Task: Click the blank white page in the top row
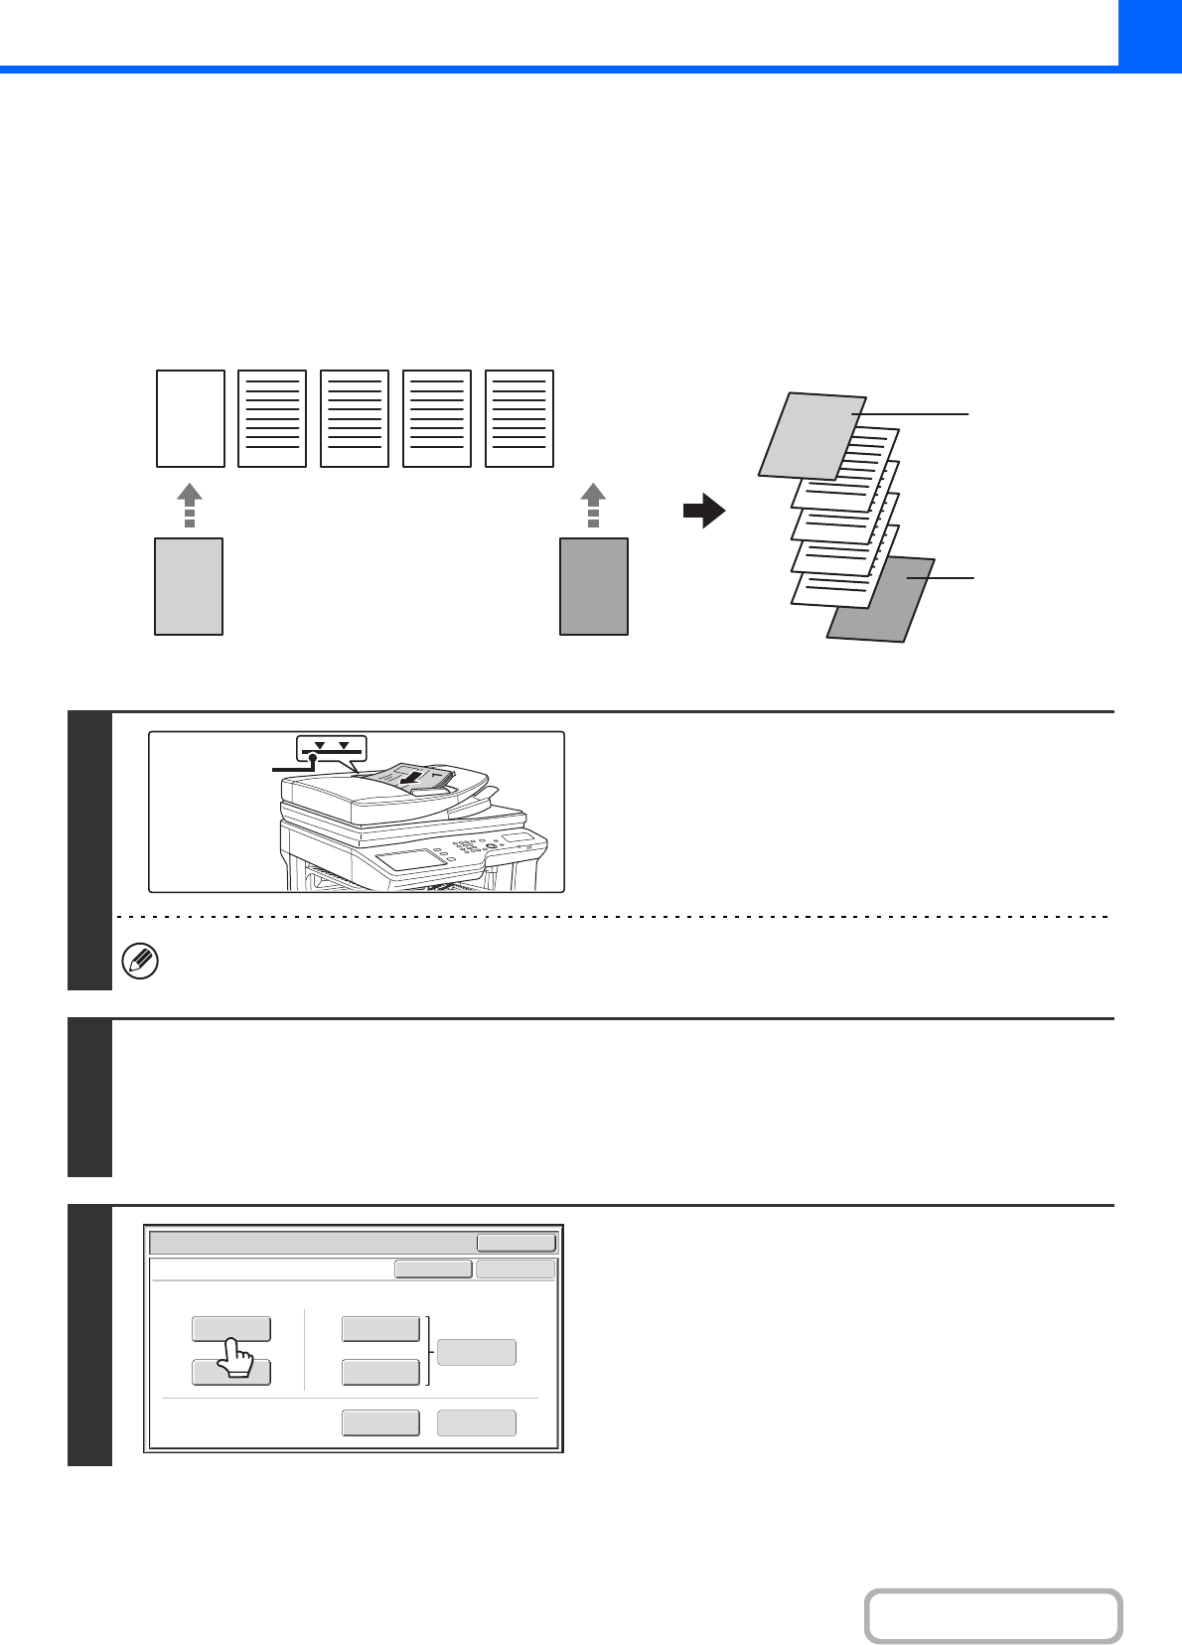(191, 418)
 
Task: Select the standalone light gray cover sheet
(189, 586)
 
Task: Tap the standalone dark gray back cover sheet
(594, 586)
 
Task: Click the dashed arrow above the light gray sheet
(189, 505)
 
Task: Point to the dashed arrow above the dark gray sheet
(593, 505)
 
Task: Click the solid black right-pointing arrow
(704, 512)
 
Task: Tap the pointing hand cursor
(234, 1358)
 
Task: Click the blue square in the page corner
(1149, 33)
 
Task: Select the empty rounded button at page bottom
(992, 1616)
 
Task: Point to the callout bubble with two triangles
(332, 748)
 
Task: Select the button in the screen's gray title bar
(516, 1243)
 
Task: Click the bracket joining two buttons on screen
(429, 1351)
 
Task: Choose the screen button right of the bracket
(477, 1352)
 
